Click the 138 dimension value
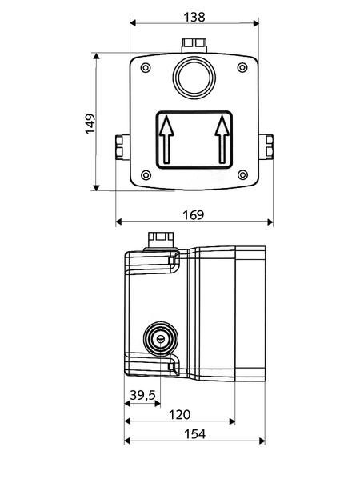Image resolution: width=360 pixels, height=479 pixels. tap(194, 17)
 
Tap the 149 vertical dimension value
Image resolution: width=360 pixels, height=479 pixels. tap(90, 124)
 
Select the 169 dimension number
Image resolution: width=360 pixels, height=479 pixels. tap(193, 215)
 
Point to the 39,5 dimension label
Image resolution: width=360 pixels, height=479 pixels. tap(142, 395)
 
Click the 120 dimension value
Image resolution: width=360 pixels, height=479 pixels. tap(179, 414)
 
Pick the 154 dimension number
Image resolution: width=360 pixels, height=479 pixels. tap(194, 433)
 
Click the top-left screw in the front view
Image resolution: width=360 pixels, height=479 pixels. tap(146, 67)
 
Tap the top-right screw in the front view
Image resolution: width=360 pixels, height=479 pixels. tap(242, 67)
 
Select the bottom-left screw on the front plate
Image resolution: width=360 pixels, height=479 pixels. tap(146, 175)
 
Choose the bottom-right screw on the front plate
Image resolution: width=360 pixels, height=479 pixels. tap(242, 175)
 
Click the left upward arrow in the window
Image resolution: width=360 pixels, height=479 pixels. tap(166, 139)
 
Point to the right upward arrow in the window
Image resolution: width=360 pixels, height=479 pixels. tap(222, 139)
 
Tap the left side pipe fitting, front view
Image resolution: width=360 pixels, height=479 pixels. tap(119, 147)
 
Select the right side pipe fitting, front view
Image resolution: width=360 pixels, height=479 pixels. tap(269, 147)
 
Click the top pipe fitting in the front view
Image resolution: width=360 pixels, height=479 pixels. tap(194, 45)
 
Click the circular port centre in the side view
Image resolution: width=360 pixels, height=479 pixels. tap(161, 338)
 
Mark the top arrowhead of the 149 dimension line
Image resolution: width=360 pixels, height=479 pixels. tap(96, 56)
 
